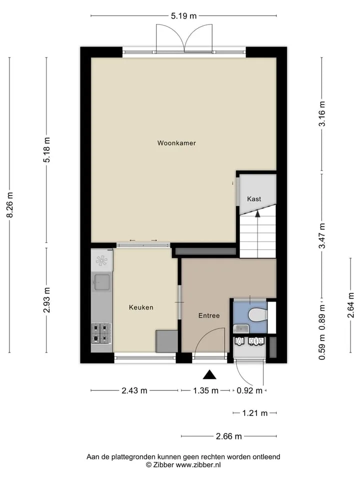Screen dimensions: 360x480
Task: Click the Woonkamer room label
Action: point(176,143)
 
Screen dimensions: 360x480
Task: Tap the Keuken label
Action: point(141,307)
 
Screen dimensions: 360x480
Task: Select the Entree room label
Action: point(209,315)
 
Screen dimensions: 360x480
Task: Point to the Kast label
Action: point(254,199)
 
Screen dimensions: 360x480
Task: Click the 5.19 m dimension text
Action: point(183,16)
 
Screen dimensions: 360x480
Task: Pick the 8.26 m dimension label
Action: point(10,205)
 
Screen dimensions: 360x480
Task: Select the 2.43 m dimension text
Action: point(134,390)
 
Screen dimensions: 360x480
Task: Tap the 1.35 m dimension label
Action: point(205,390)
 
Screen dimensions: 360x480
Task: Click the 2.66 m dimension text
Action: point(228,436)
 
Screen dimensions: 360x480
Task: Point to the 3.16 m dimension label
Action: point(321,113)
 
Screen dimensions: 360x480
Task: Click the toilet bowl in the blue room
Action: point(257,315)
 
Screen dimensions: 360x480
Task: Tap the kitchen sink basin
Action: point(101,282)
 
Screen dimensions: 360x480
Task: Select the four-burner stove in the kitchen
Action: point(101,333)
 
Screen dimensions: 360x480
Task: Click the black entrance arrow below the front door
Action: point(209,374)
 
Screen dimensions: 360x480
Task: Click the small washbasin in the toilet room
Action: point(241,329)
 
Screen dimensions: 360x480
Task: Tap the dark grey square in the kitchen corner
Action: point(166,341)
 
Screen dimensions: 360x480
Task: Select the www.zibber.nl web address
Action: point(198,464)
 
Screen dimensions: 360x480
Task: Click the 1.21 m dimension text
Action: point(254,413)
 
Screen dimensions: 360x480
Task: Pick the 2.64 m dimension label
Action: point(350,305)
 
